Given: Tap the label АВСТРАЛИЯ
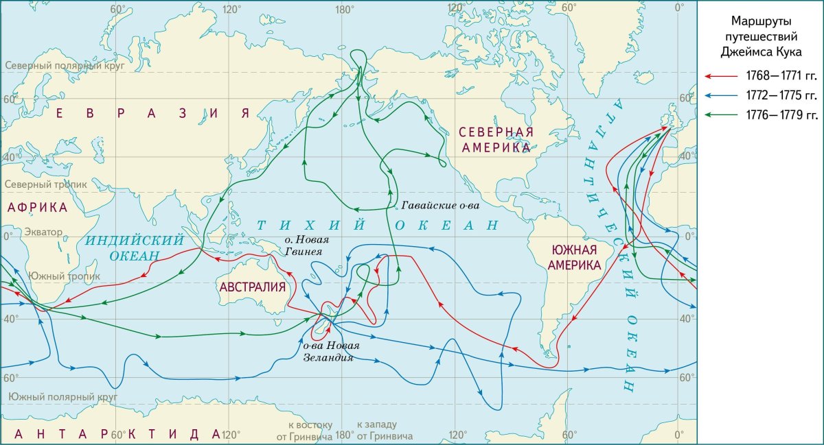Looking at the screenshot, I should click(x=252, y=287).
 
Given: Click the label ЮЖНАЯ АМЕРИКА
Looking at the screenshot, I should click(x=571, y=257).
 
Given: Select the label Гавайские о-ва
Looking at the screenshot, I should click(x=439, y=205).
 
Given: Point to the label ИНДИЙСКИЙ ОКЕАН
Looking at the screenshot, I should click(x=135, y=248).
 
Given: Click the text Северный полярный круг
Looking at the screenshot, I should click(x=60, y=66).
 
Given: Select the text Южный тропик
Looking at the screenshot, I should click(x=64, y=276).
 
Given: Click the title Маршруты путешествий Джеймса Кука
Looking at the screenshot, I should click(x=760, y=35).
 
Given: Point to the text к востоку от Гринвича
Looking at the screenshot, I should click(x=304, y=430).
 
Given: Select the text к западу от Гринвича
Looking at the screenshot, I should click(x=384, y=430).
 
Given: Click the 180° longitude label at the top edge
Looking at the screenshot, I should click(x=344, y=9).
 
